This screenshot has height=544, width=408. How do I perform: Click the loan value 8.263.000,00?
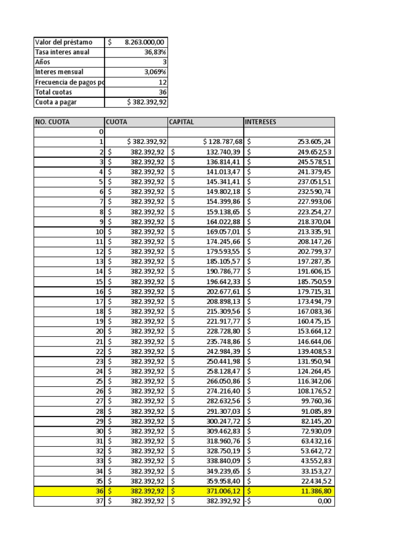(145, 42)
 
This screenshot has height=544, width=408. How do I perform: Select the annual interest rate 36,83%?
(155, 52)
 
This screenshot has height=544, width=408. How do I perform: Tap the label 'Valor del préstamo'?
(63, 42)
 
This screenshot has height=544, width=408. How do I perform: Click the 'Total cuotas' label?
(54, 92)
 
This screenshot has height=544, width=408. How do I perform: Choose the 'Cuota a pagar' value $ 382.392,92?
(147, 103)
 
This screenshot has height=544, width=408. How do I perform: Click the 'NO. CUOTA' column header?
(52, 122)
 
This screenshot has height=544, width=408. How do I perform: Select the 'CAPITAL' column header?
(182, 122)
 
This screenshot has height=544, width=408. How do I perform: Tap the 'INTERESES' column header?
(260, 122)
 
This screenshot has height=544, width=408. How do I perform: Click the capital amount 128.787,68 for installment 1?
(223, 142)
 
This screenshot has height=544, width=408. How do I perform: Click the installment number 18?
(99, 311)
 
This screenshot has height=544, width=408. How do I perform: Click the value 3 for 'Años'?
(164, 62)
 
